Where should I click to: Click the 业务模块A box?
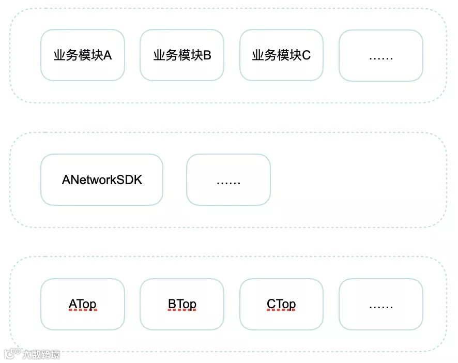coord(83,55)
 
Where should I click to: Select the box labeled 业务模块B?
coord(182,55)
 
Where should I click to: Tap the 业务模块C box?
coord(281,55)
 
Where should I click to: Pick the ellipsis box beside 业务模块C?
coord(381,55)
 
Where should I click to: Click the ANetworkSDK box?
coord(102,180)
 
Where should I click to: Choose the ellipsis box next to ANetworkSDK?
coord(228,180)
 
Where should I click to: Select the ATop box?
coord(83,305)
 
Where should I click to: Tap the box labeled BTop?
coord(182,305)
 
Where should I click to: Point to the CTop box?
coord(281,305)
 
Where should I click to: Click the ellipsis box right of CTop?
coord(381,305)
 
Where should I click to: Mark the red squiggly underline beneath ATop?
coord(83,311)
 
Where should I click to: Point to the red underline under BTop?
coord(182,311)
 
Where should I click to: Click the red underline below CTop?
coord(281,311)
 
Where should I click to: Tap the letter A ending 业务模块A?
coord(108,55)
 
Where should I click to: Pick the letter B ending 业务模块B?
coord(207,55)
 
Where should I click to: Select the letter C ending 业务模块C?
coord(307,55)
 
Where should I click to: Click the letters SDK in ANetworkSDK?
coord(131,180)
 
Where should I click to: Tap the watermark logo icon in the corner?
coord(11,354)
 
